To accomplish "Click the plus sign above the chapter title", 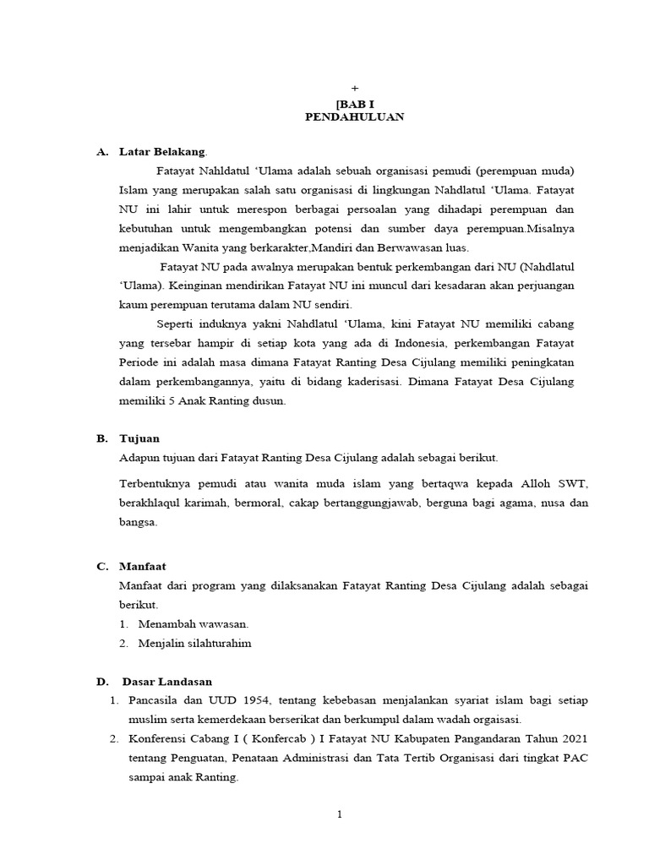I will click(x=355, y=88).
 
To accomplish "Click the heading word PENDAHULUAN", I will click(x=354, y=117).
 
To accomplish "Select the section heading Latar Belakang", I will click(x=162, y=152).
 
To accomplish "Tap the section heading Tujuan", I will click(x=139, y=439).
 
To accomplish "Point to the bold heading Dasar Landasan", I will click(x=167, y=682).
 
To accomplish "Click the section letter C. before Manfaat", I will click(x=101, y=568).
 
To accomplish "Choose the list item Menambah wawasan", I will click(x=194, y=624).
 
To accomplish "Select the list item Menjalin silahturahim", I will click(x=195, y=644).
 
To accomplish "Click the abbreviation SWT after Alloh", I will click(x=571, y=484).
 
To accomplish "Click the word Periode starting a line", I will click(x=143, y=363).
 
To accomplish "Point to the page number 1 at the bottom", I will click(x=339, y=815).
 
